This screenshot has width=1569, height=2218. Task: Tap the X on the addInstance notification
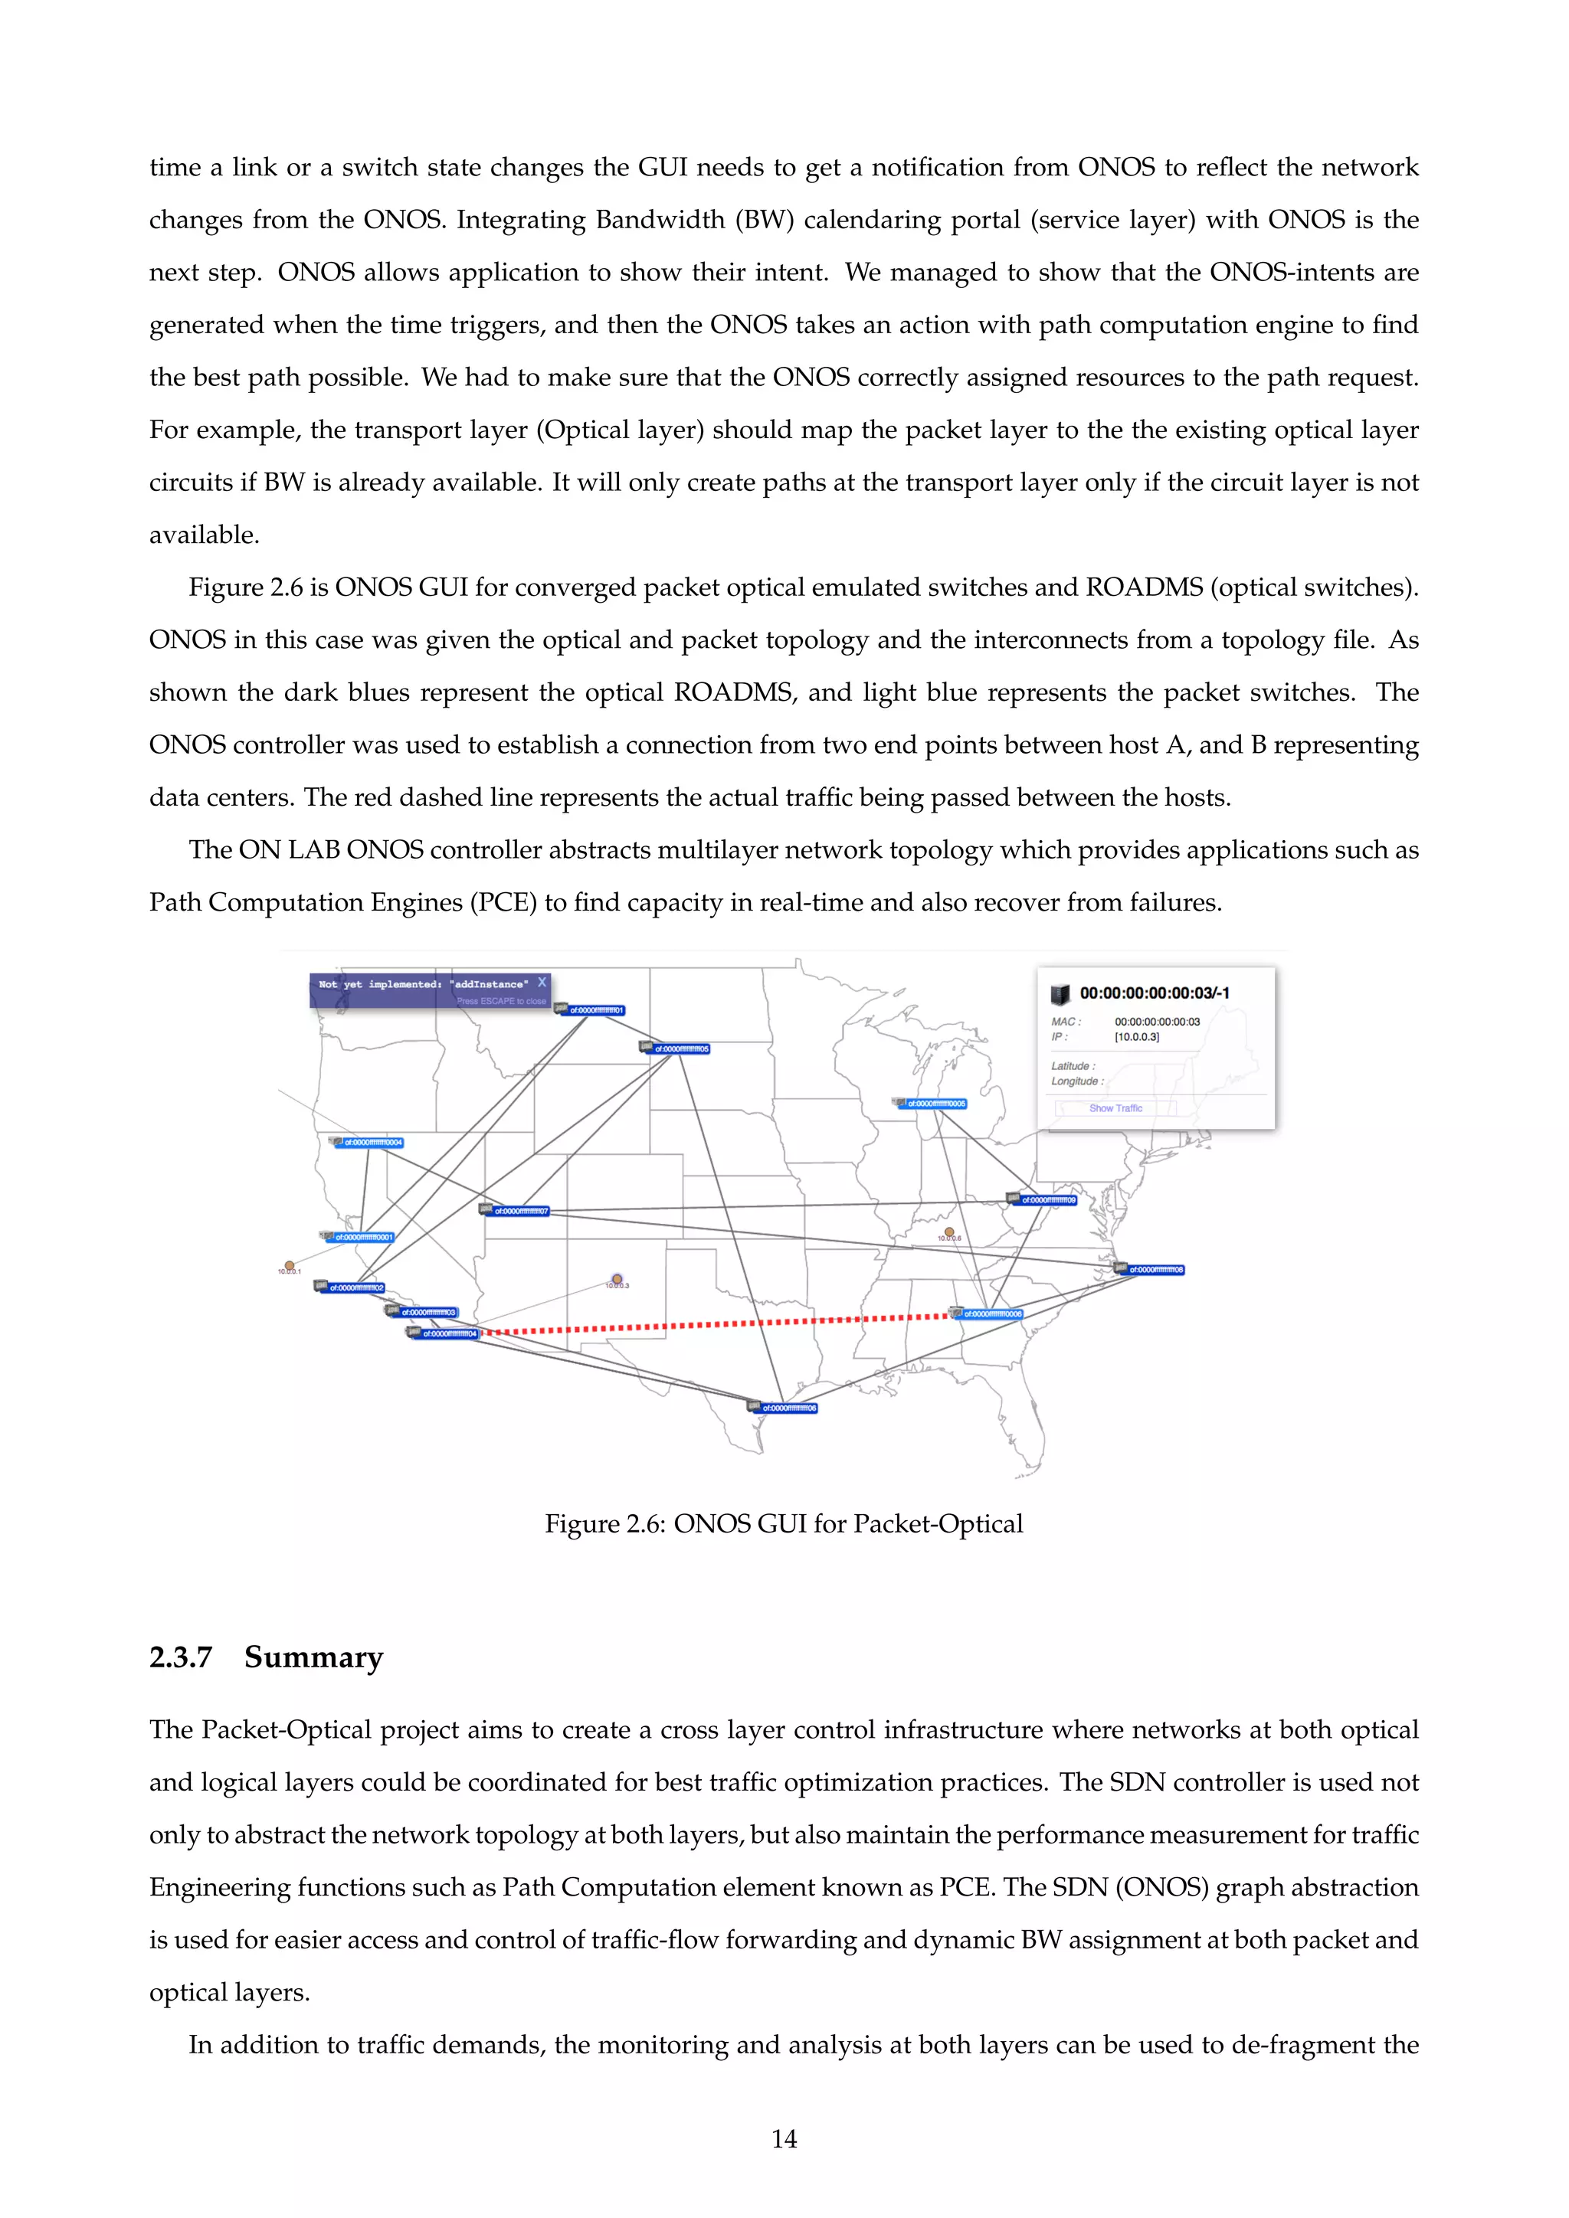pos(542,982)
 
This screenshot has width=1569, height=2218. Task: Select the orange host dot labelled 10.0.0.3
pos(617,1279)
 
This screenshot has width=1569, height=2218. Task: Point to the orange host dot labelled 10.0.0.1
pos(289,1264)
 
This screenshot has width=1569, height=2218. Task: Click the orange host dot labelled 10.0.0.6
pos(948,1232)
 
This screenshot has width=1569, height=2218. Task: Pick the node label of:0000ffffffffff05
pos(681,1048)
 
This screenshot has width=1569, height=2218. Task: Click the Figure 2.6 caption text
pos(784,1523)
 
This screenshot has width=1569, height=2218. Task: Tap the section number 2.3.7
pos(181,1657)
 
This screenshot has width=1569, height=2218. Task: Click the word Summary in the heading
pos(314,1657)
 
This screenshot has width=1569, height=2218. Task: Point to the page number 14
pos(784,2139)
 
